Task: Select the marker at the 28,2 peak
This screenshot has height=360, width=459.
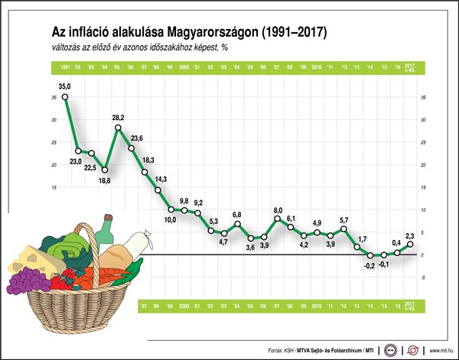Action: click(118, 128)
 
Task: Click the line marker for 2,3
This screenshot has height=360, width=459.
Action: click(411, 244)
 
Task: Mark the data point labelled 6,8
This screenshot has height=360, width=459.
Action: click(237, 224)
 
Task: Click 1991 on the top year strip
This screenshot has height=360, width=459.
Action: click(64, 68)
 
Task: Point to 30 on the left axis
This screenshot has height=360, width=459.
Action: click(54, 120)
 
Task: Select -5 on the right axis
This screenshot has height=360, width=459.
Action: click(423, 277)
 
